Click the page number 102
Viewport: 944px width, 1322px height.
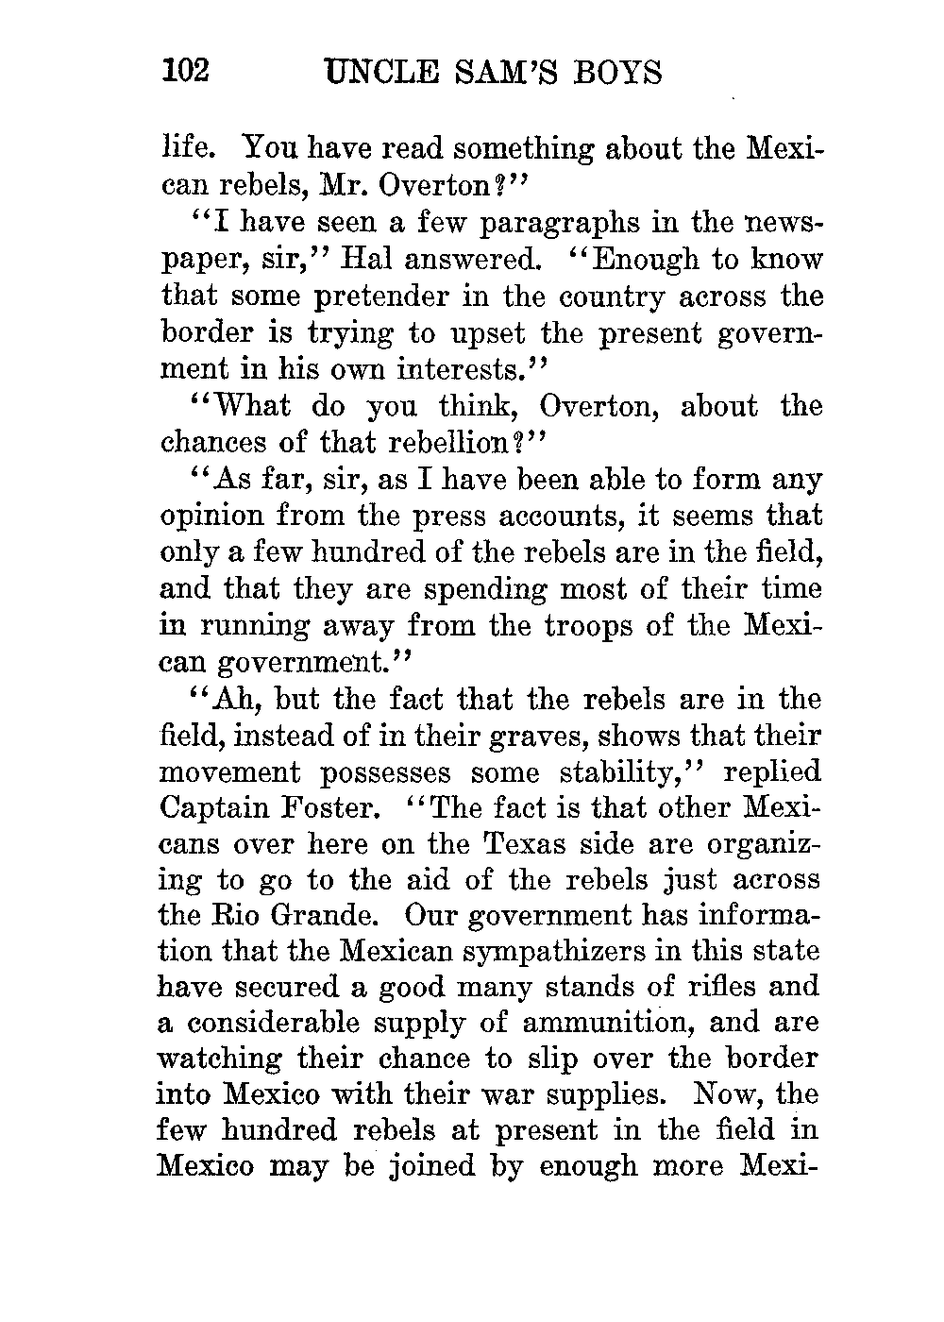(x=185, y=73)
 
